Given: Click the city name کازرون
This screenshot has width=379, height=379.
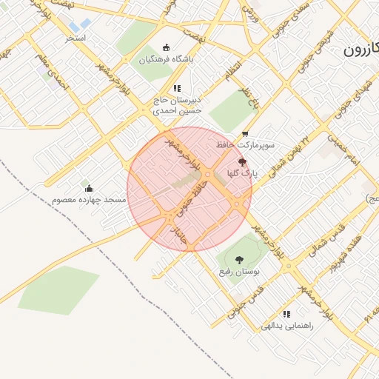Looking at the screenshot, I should pos(360,52).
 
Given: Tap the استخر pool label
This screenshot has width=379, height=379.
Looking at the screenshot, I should pos(76,37).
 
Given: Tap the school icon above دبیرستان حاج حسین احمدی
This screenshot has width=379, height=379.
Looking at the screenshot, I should pos(177,88).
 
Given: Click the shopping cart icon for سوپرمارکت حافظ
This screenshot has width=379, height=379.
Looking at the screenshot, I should pos(245,134).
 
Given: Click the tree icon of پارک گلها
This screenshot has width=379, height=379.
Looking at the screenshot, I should pos(242,162).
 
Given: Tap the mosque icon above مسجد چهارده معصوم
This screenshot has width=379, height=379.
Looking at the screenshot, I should pos(90,188).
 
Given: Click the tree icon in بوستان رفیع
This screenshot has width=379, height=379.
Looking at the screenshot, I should pos(238,260).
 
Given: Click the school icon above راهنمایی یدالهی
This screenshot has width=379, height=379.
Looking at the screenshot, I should pos(286,314).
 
